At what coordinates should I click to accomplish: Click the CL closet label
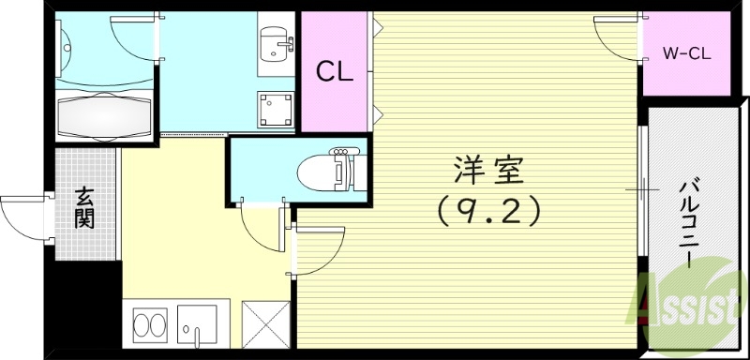click(x=334, y=70)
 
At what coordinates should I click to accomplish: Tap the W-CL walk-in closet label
click(x=687, y=53)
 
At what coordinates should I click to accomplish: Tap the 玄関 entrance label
click(x=84, y=207)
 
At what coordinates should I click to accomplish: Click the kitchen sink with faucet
click(x=199, y=325)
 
